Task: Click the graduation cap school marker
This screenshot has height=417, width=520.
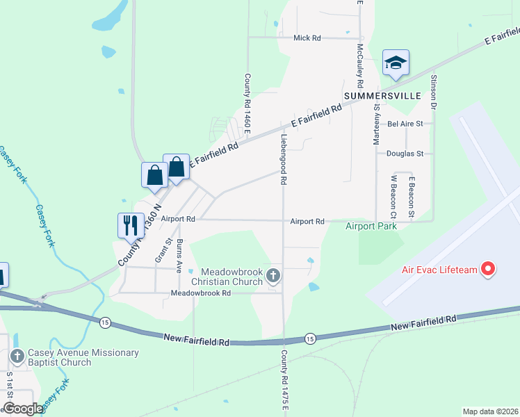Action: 396,63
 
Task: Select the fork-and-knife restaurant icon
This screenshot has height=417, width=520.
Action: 130,224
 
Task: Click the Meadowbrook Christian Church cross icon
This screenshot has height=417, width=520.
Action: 273,277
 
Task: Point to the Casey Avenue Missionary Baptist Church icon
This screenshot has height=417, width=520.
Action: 17,357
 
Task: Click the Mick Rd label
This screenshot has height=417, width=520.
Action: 307,38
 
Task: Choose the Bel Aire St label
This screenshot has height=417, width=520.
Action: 405,124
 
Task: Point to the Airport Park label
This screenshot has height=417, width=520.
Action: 371,227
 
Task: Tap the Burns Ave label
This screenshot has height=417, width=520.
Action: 179,256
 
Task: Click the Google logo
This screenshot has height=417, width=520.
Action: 23,409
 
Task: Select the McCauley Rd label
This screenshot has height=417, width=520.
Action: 359,60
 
